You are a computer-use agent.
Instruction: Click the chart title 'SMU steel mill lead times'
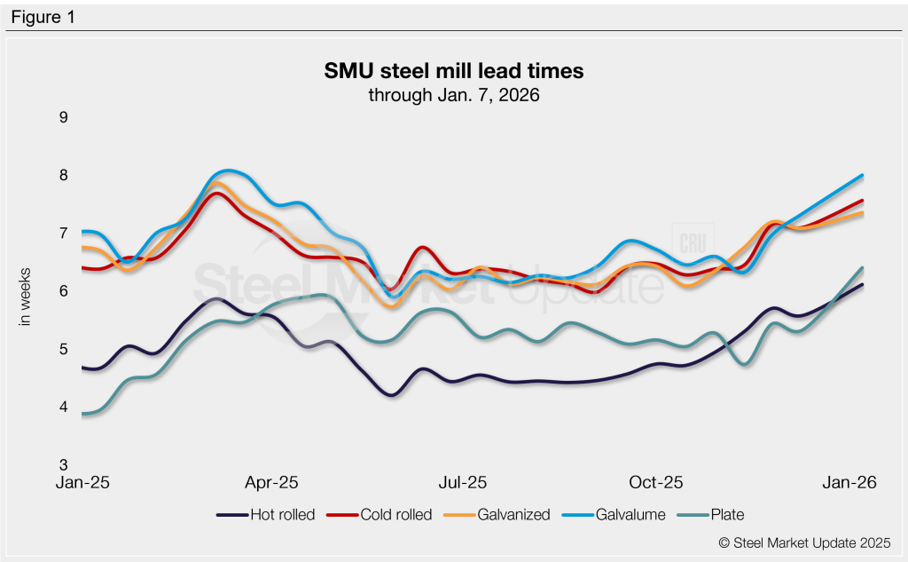(x=454, y=70)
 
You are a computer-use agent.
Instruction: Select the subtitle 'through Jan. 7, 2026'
(x=454, y=94)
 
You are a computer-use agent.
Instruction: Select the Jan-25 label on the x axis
(x=81, y=483)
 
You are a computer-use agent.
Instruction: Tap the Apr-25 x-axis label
(x=271, y=483)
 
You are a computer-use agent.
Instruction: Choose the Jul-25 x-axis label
(x=462, y=483)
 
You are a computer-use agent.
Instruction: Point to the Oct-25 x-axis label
(x=655, y=483)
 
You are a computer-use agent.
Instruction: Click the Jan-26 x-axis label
(x=849, y=483)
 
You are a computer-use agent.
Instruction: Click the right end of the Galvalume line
(x=863, y=176)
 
